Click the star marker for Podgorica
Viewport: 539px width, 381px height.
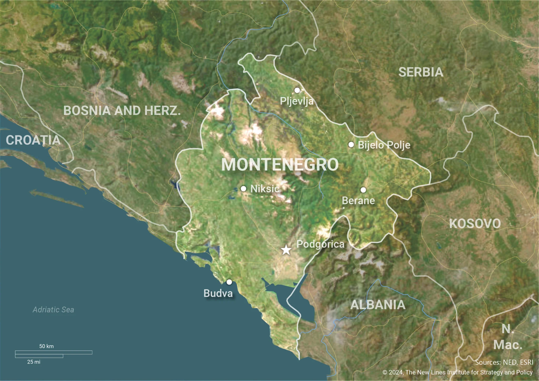pos(286,250)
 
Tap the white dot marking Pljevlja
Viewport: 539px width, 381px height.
pos(297,90)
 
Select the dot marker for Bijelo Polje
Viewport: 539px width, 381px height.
pos(351,145)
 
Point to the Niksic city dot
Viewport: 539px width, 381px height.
pos(243,189)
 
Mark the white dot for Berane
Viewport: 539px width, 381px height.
pos(363,190)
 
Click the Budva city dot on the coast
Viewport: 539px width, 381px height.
pos(229,282)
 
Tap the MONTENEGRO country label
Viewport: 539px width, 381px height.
pos(280,165)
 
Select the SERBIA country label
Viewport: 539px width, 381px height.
pos(421,72)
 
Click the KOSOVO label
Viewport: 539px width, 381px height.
pos(475,224)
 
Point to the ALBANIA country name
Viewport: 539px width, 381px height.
pos(378,305)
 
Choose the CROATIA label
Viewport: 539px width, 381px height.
pos(33,140)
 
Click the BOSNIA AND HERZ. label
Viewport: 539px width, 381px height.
pos(122,111)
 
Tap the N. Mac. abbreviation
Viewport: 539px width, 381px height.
pos(508,337)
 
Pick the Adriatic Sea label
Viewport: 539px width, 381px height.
pos(53,310)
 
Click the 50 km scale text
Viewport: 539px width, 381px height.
pos(46,346)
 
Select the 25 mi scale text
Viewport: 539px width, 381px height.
pos(34,362)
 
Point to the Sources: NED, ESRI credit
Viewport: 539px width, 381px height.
pos(504,362)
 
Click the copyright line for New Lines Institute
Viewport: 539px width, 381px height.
pos(457,372)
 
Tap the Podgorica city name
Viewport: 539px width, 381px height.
pos(320,244)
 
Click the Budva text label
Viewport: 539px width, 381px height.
pos(218,293)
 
